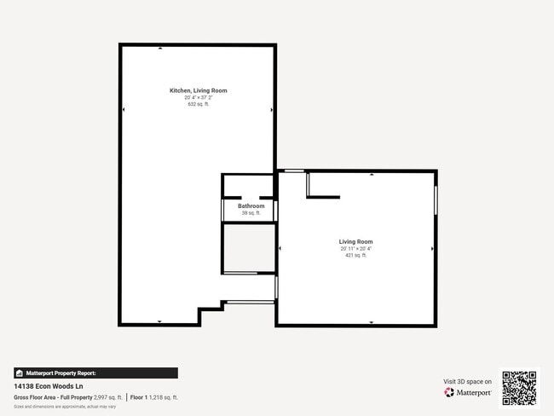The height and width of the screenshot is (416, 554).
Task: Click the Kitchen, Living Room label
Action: (198, 90)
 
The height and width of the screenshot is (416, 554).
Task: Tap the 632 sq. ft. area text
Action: (198, 104)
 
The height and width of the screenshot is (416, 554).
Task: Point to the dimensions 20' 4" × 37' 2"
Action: (198, 97)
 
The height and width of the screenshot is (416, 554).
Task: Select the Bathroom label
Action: (251, 206)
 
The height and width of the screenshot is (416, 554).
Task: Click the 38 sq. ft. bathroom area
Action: (251, 213)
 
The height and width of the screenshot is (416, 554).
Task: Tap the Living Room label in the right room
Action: (355, 242)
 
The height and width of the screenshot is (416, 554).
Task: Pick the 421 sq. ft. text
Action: (355, 256)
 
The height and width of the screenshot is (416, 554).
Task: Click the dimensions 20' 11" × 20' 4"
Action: (355, 249)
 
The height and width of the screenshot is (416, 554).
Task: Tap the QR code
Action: (519, 387)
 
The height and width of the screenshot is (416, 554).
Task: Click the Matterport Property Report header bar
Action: (95, 373)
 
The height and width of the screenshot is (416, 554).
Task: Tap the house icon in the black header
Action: (19, 373)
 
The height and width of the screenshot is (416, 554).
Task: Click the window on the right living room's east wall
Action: (436, 200)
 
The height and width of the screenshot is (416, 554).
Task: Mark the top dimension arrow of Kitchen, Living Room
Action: (160, 49)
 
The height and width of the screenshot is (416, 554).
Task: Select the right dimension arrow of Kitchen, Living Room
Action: (271, 109)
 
